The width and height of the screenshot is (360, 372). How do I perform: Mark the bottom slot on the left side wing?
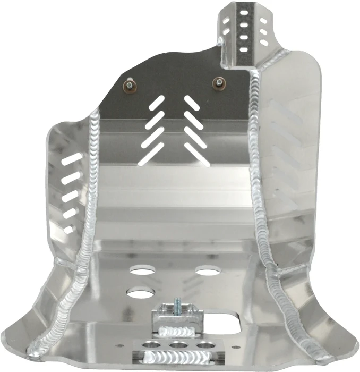[x=68, y=229]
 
